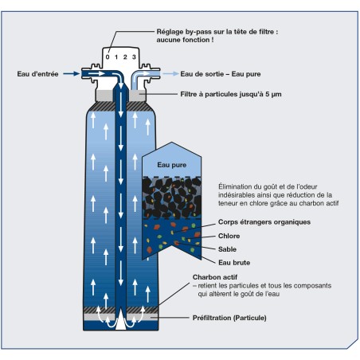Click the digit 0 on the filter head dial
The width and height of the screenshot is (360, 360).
[107, 58]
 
